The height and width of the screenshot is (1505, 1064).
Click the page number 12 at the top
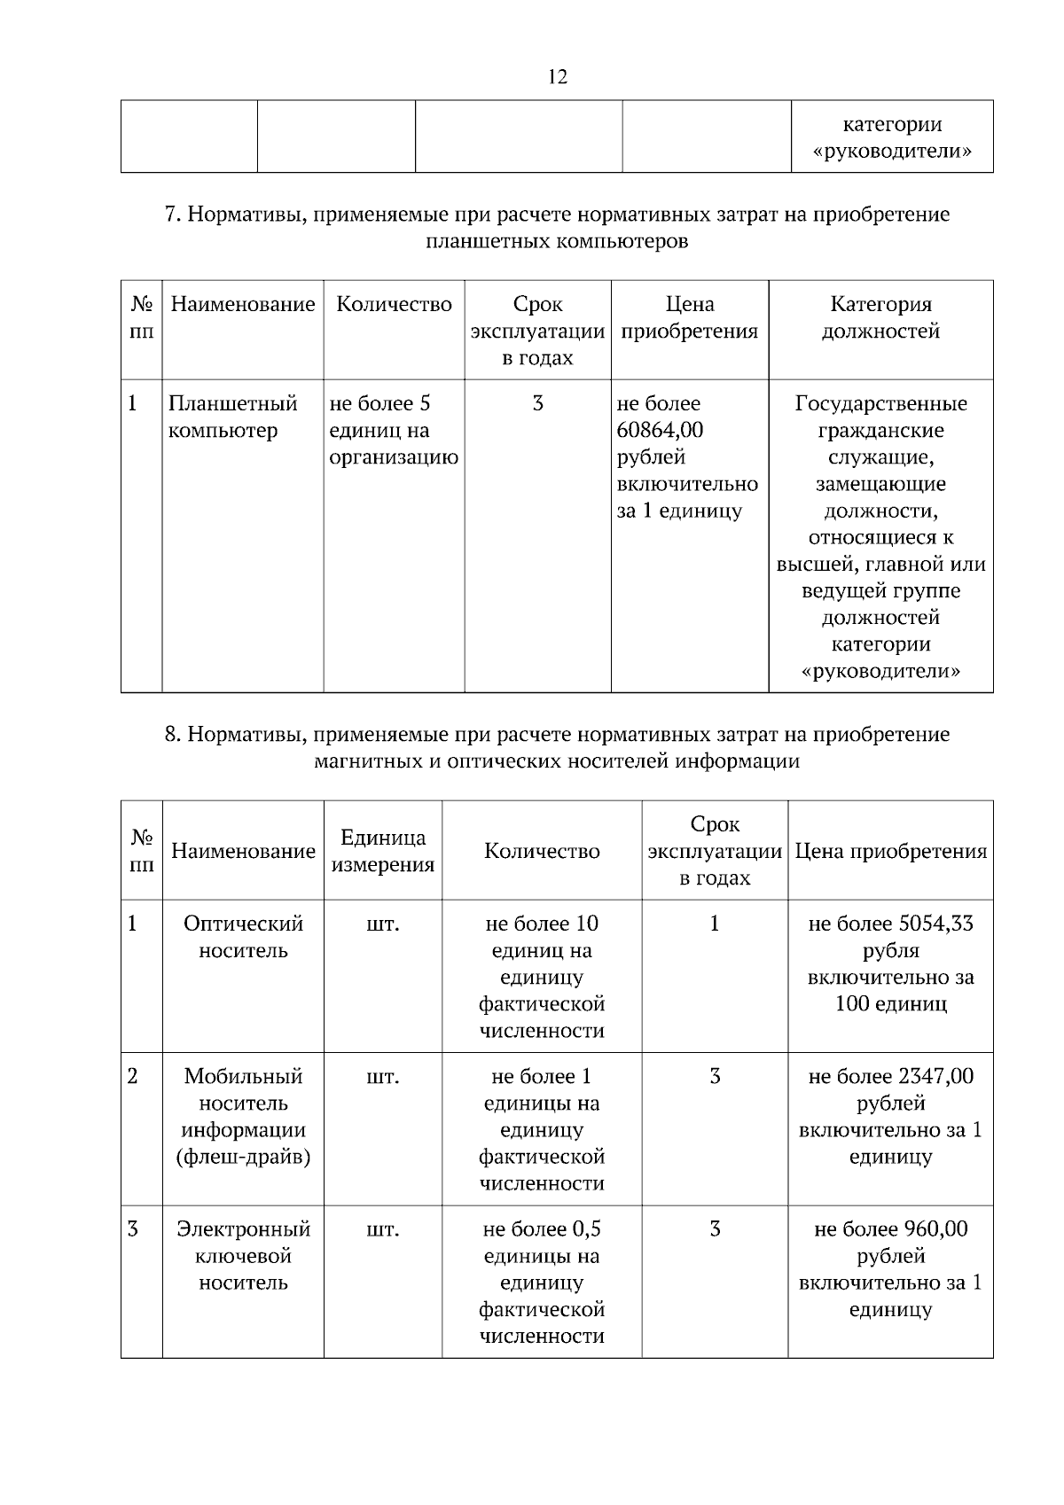click(558, 76)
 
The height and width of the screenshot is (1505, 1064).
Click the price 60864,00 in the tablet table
click(660, 431)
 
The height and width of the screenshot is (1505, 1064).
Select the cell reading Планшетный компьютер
click(232, 417)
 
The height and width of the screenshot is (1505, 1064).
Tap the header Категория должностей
click(880, 318)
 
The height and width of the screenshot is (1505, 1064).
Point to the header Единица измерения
click(383, 851)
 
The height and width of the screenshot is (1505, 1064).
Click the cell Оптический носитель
click(243, 937)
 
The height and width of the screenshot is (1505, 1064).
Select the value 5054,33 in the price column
click(935, 924)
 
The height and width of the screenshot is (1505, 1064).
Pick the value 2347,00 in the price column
click(935, 1076)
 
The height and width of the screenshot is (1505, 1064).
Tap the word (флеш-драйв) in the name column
click(243, 1157)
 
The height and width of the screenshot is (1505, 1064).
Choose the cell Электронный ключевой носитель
click(243, 1255)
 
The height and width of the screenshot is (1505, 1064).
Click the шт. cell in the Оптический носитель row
click(383, 924)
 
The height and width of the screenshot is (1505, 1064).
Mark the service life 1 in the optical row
click(715, 924)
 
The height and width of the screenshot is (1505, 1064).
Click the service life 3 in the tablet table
click(537, 404)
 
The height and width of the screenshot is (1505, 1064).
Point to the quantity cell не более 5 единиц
click(393, 430)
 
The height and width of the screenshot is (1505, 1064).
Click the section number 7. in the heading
click(173, 214)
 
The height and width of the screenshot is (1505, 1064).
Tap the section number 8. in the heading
click(173, 735)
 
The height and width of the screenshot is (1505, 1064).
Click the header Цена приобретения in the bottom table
click(890, 851)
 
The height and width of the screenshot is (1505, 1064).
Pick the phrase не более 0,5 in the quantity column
click(542, 1228)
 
